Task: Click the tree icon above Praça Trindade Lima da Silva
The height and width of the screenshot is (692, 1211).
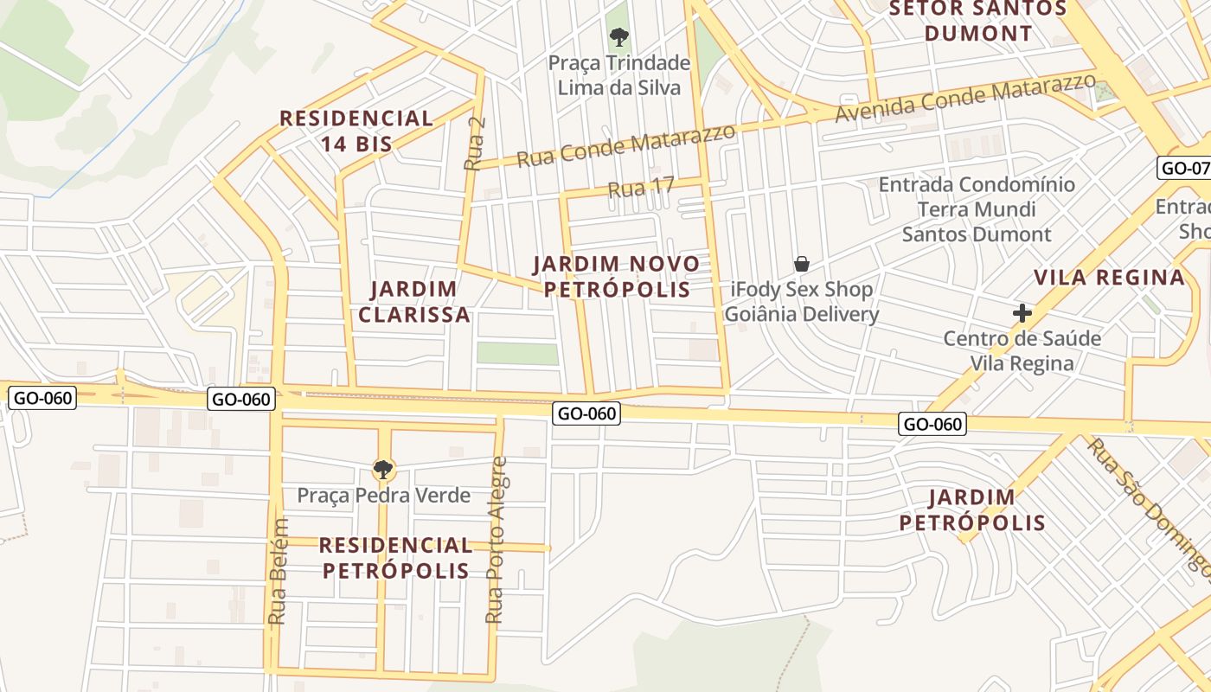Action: pos(618,36)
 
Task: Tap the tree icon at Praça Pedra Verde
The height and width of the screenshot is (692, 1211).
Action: pos(382,470)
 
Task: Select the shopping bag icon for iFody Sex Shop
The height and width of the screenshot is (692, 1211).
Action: pos(802,264)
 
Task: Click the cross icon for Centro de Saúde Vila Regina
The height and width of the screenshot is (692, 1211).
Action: pos(1022,312)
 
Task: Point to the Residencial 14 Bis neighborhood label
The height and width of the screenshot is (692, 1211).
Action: pos(356,131)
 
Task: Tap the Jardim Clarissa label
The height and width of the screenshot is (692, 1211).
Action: pos(414,301)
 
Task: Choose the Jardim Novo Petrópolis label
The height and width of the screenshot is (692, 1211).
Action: pos(616,276)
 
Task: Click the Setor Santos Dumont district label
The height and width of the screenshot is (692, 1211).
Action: pos(978,21)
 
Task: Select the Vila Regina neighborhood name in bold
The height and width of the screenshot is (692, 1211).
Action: pos(1110,278)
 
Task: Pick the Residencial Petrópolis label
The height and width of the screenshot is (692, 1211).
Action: pos(395,558)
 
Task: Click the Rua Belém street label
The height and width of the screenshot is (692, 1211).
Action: pos(278,571)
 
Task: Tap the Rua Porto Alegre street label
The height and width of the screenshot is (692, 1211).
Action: pos(495,541)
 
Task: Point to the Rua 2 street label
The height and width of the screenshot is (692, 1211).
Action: pos(474,144)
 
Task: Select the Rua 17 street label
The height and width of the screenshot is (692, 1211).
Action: pos(640,189)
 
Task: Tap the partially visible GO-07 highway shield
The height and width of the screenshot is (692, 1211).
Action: pos(1183,168)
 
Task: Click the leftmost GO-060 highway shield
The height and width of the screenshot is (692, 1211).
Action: pos(42,398)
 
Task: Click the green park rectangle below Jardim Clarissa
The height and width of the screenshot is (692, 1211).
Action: pos(517,354)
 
